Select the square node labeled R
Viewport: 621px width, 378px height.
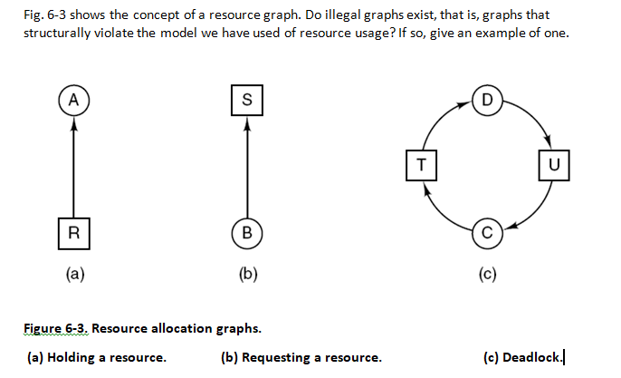(x=73, y=231)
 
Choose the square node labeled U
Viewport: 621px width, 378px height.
(x=554, y=165)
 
